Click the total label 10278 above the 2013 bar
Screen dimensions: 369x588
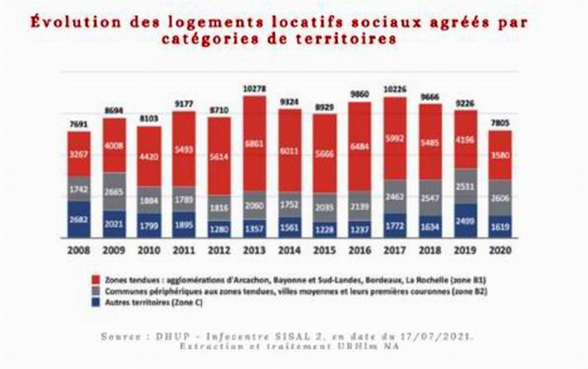coord(254,89)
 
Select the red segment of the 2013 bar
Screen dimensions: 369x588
coord(254,144)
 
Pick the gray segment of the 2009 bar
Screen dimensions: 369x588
coord(114,191)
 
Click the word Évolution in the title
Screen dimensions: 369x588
coord(70,22)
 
